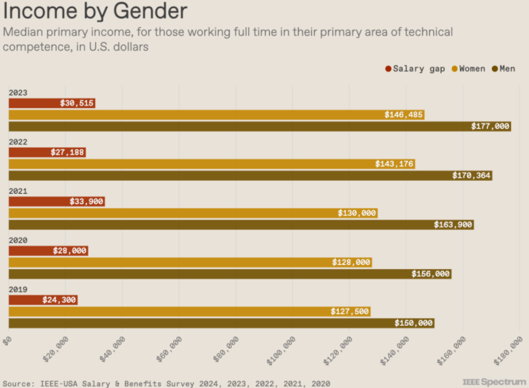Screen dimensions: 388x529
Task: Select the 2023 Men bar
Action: click(259, 127)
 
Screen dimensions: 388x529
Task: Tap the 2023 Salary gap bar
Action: click(51, 103)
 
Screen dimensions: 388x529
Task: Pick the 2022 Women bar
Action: click(211, 164)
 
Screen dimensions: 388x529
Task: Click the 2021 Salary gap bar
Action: click(56, 202)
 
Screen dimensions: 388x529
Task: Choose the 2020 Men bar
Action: click(230, 274)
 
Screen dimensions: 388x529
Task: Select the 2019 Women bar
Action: click(189, 311)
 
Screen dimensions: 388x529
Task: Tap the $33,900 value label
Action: click(86, 202)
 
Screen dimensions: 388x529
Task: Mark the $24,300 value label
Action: click(59, 300)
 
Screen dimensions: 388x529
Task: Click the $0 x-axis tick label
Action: click(6, 341)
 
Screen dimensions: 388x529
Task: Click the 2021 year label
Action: click(18, 191)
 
